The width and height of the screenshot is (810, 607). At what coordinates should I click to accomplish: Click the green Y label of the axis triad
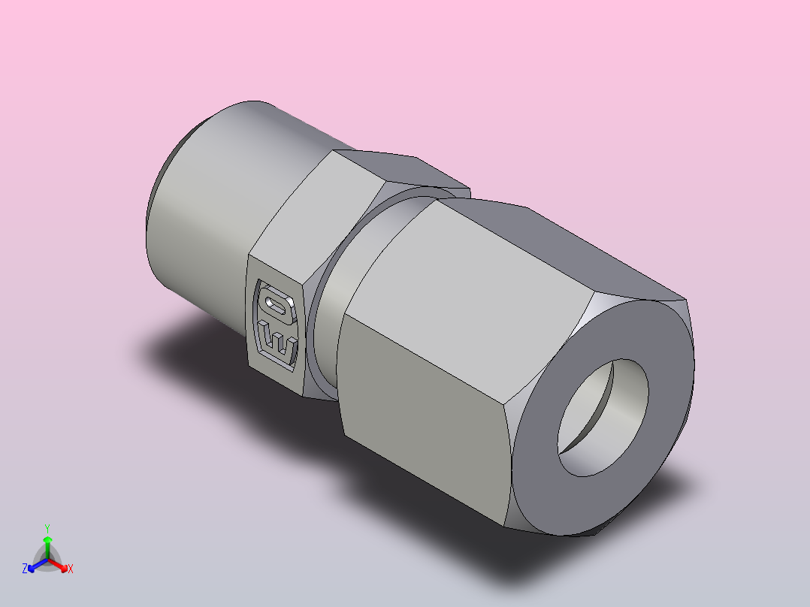(x=47, y=528)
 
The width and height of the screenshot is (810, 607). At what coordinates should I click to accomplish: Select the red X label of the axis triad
(x=71, y=569)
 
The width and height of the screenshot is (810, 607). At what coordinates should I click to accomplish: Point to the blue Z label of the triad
(x=24, y=569)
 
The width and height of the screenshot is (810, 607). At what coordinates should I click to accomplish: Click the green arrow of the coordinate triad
(x=47, y=548)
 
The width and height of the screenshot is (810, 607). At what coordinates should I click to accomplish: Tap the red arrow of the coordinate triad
(x=58, y=564)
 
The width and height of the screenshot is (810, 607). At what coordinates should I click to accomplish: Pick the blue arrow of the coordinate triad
(x=38, y=565)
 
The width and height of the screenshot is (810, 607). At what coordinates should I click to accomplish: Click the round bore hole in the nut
(x=603, y=418)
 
